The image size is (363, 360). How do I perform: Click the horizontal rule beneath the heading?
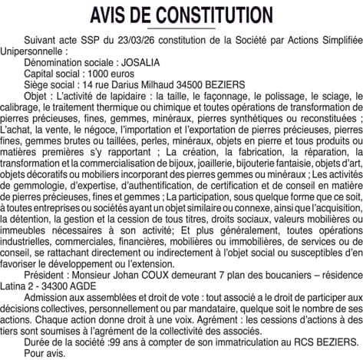tap(181, 29)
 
